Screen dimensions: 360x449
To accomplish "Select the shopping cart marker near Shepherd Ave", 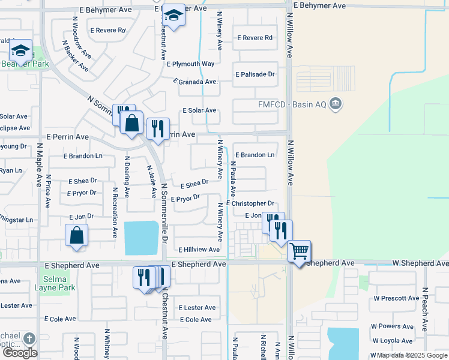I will point(299,250).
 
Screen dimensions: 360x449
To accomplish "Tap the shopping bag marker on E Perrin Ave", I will point(131,123).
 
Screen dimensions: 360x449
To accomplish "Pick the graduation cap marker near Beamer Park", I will point(20,51).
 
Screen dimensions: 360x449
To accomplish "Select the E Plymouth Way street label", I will point(191,64).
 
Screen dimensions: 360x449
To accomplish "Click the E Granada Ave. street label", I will point(195,81).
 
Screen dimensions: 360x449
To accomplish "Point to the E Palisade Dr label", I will point(255,74).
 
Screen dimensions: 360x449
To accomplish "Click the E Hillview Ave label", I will point(198,249).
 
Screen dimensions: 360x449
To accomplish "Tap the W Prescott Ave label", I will point(396,298).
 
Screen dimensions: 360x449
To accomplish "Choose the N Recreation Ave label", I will point(114,204).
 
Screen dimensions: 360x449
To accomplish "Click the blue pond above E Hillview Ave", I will point(142,237).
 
